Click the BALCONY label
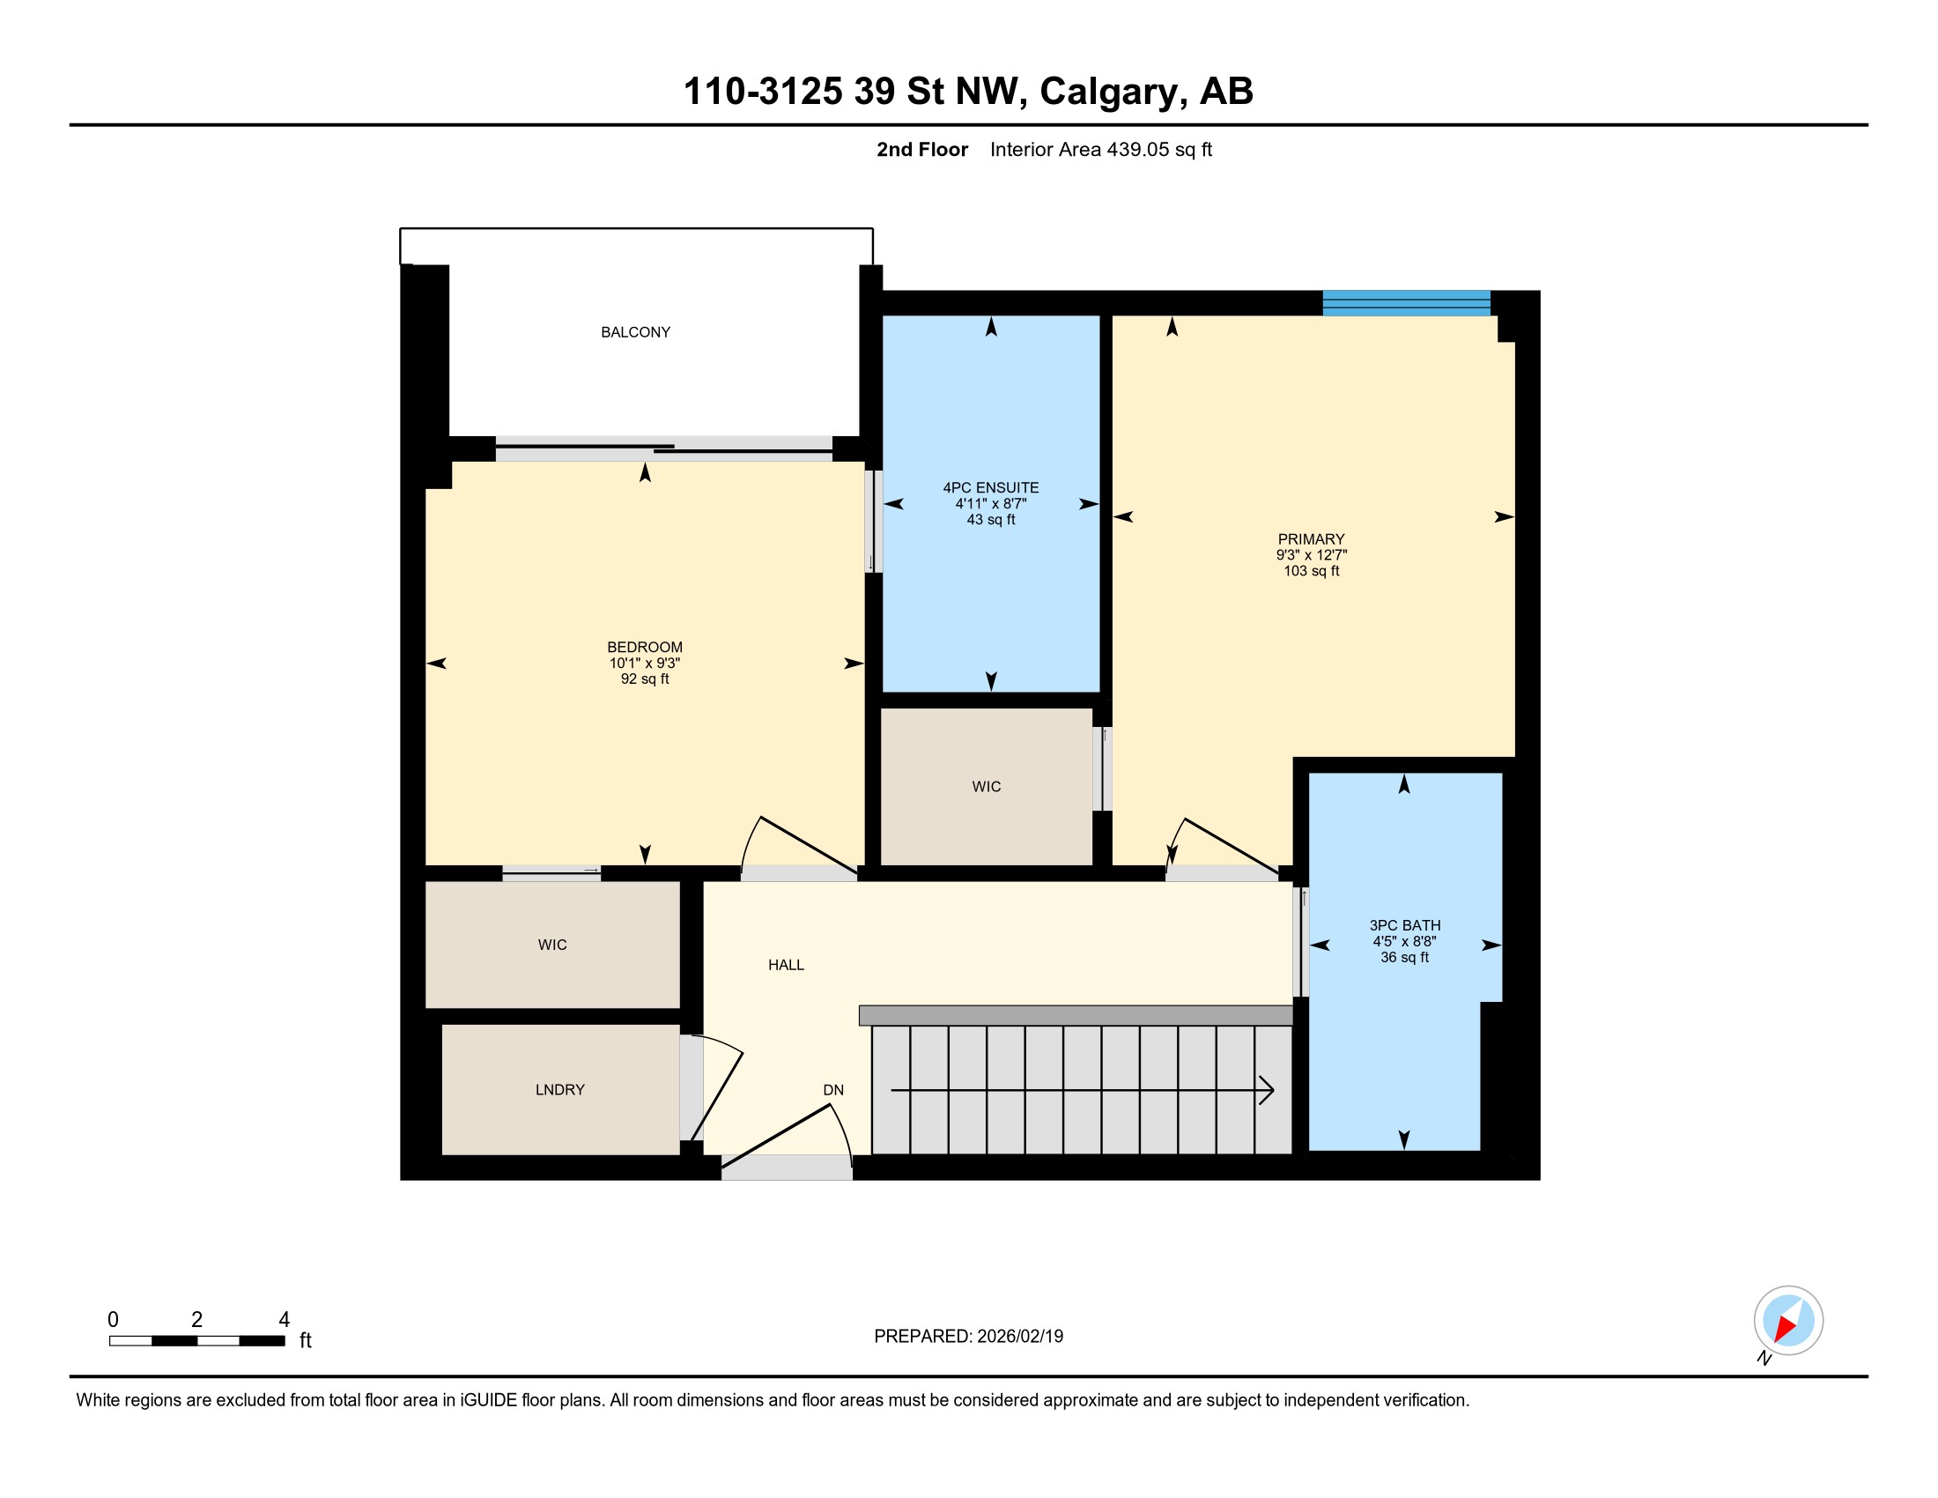635,332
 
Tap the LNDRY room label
560,1090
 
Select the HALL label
786,965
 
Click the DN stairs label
833,1090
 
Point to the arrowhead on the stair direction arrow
1267,1090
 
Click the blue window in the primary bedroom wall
1407,302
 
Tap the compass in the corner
1788,1321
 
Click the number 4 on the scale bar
284,1320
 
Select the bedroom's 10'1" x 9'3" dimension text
645,663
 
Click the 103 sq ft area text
1312,571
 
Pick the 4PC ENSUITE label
990,487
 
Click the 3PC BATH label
1405,924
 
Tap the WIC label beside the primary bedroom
987,786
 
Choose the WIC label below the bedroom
552,945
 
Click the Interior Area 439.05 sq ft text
1101,150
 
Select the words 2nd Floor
922,150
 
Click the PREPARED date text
969,1336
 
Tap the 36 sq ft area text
1405,957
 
